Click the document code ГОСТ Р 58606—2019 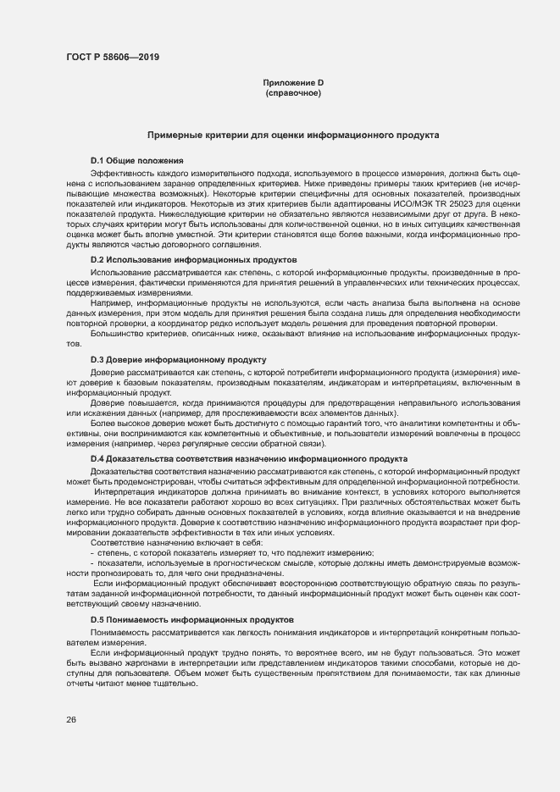click(x=111, y=58)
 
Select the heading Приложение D click(x=293, y=82)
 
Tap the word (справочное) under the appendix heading click(x=293, y=92)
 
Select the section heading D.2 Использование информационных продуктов click(x=194, y=258)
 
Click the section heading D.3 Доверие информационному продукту click(x=178, y=360)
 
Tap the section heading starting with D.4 click(x=249, y=458)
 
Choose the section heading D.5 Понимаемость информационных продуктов click(x=192, y=620)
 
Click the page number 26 click(x=71, y=720)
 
